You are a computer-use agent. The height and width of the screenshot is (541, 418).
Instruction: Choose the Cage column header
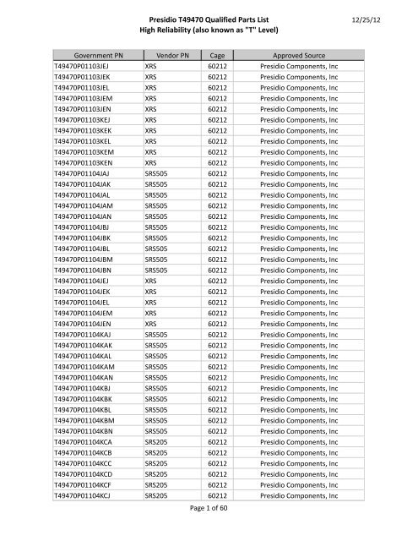[220, 52]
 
